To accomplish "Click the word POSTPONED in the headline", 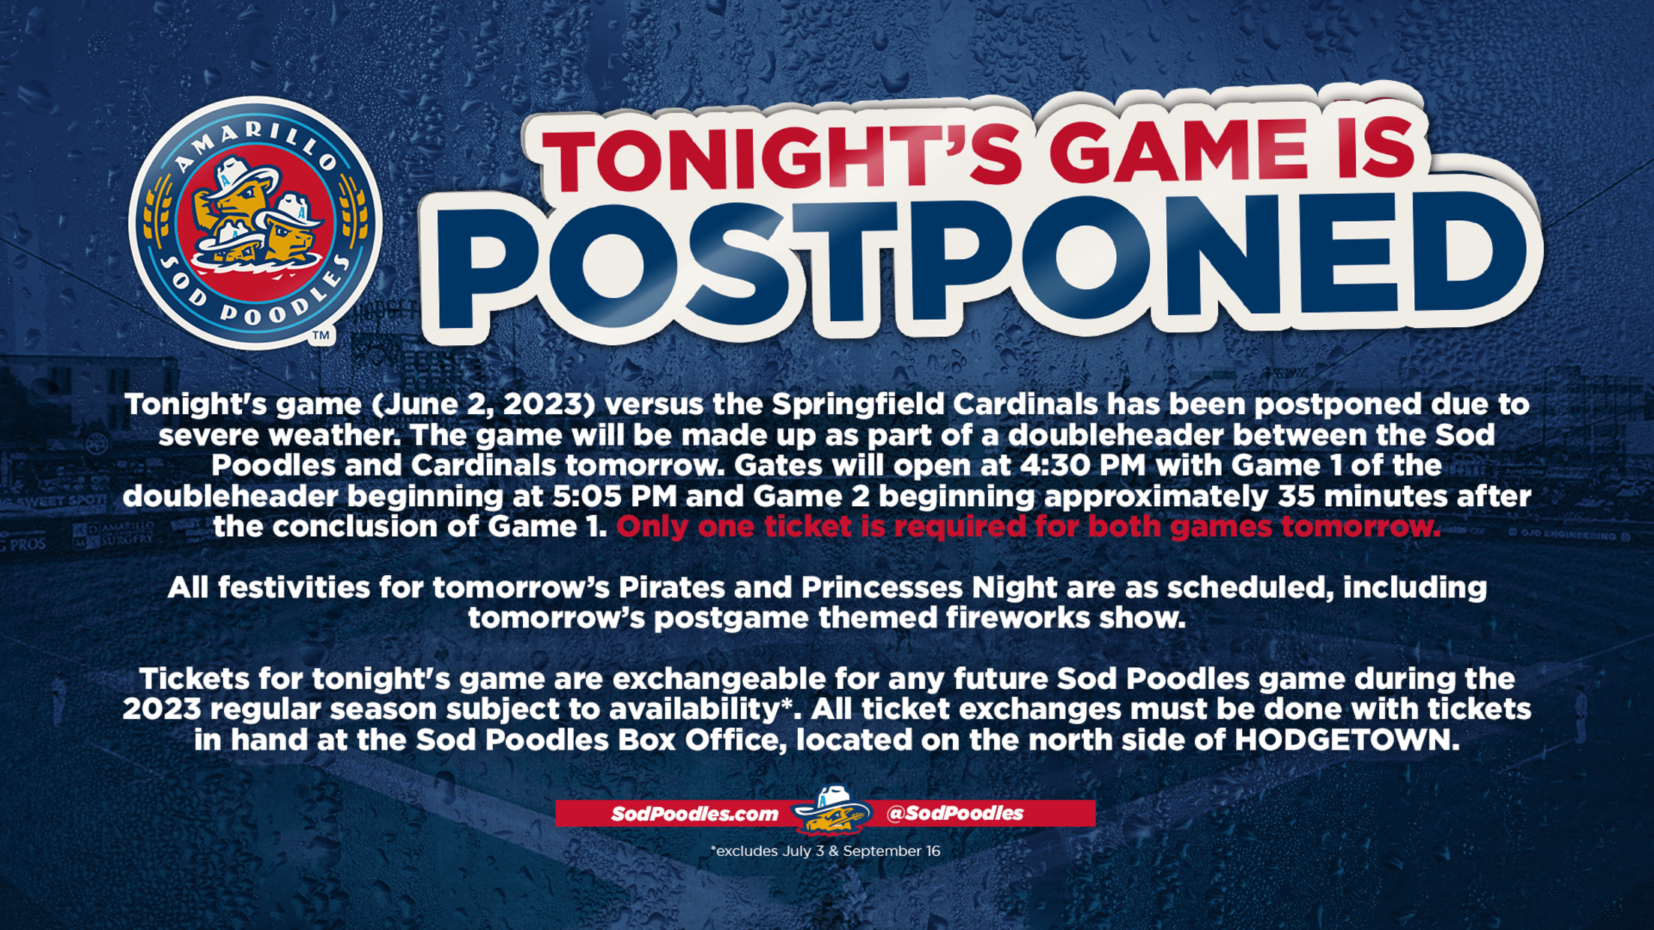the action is [981, 262].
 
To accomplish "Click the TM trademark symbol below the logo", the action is [321, 335].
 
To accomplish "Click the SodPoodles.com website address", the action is [695, 814].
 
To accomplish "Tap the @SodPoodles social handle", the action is [954, 813].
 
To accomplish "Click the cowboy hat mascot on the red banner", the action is [832, 809].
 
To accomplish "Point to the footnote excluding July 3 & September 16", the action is [825, 851].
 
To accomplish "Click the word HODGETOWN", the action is [1347, 740].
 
